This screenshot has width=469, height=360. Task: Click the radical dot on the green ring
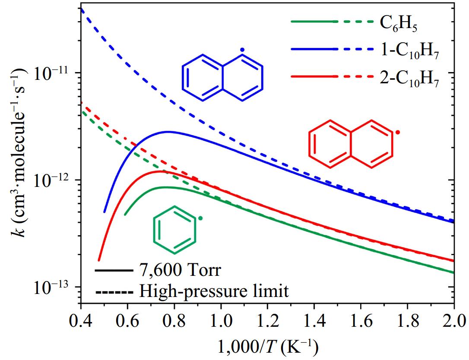(200, 218)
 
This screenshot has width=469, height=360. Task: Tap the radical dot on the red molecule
(398, 132)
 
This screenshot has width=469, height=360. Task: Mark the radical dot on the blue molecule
(243, 51)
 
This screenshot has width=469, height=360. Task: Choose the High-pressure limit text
(214, 291)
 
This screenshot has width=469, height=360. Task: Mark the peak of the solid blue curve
(168, 132)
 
